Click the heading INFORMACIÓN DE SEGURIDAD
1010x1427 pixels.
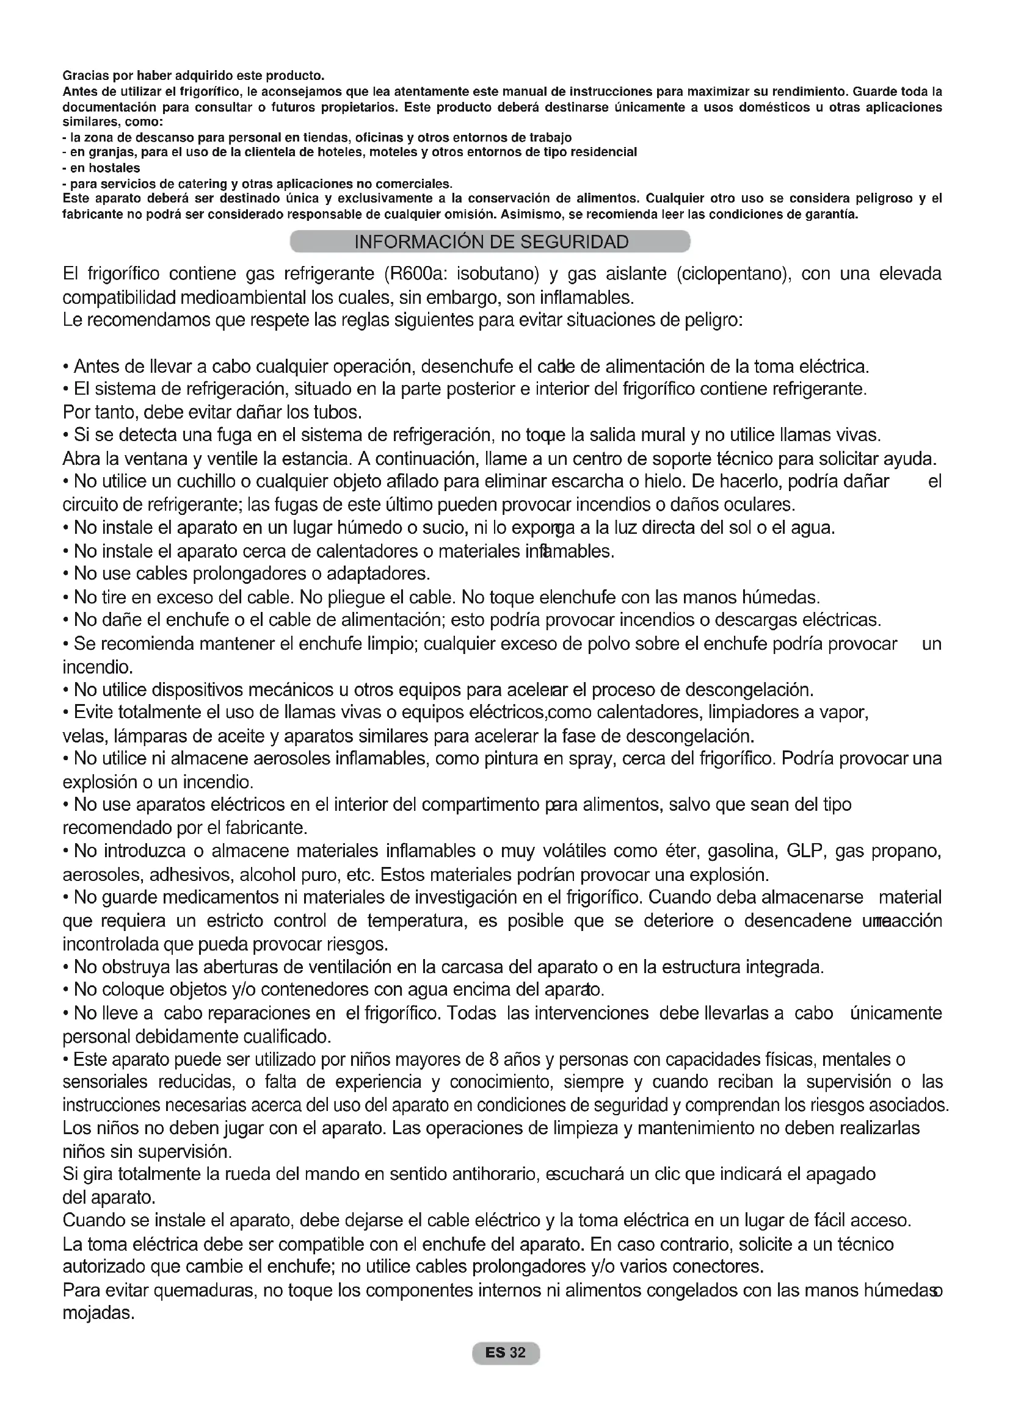pos(491,242)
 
